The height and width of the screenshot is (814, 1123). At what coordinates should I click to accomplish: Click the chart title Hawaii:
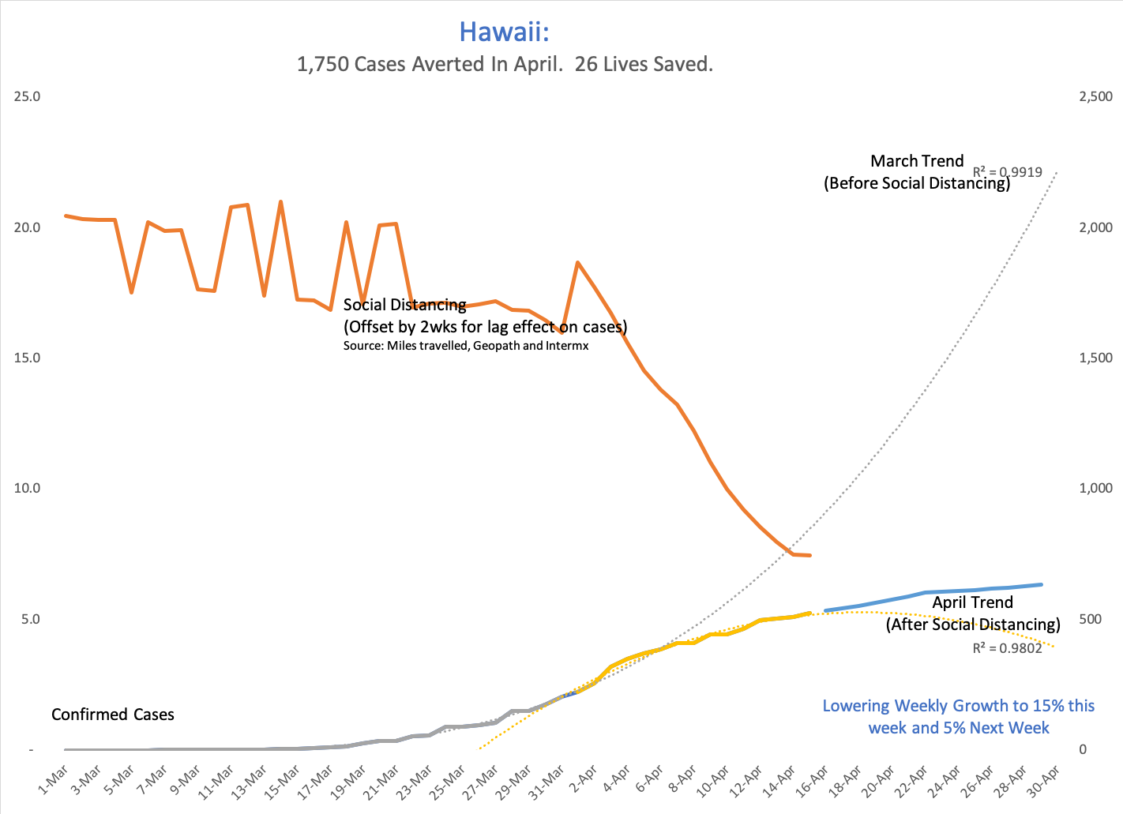(x=504, y=32)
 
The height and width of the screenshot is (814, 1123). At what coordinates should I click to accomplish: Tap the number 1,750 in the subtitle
(x=322, y=64)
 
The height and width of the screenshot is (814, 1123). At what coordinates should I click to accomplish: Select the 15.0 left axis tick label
(x=28, y=358)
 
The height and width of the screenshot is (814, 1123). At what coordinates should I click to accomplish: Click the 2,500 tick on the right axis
(x=1095, y=96)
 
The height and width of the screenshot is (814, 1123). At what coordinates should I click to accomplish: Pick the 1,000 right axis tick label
(x=1095, y=488)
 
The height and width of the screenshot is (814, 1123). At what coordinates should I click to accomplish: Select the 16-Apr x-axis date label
(x=813, y=782)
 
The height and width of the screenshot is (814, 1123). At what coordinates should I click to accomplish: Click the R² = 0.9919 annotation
(x=1007, y=171)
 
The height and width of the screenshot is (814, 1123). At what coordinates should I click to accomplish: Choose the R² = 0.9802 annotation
(x=1007, y=648)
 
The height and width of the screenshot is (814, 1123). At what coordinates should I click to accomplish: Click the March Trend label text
(x=917, y=161)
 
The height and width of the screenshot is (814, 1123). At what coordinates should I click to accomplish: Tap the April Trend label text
(x=972, y=602)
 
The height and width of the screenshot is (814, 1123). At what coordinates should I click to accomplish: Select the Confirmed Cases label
(x=113, y=715)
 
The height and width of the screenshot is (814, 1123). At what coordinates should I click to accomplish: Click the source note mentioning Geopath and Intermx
(x=466, y=346)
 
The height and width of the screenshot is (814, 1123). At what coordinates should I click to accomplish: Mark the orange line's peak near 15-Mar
(x=280, y=202)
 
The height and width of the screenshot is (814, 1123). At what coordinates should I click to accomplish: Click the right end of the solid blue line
(x=1042, y=584)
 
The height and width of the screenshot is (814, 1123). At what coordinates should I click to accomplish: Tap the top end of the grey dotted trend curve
(x=1056, y=173)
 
